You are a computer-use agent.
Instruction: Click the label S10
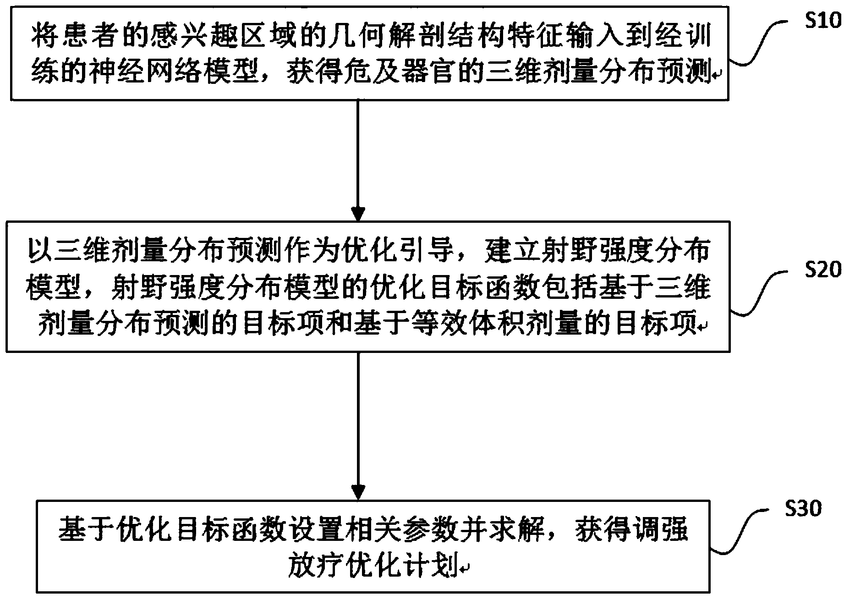click(824, 21)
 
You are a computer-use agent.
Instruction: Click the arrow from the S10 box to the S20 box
click(357, 160)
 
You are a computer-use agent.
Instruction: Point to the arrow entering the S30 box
click(357, 426)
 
